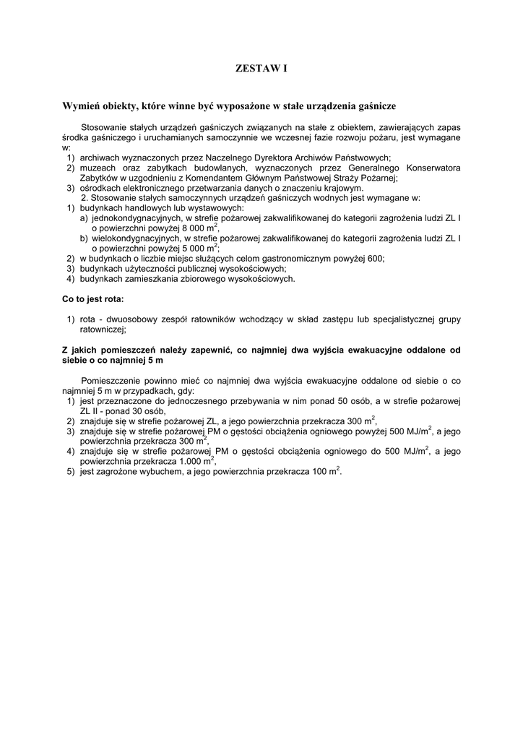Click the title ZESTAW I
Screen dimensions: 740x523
point(261,69)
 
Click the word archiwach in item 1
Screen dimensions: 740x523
point(101,158)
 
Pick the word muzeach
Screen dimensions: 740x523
point(100,168)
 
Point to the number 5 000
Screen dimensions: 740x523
point(187,247)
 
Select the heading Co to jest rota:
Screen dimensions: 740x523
point(92,298)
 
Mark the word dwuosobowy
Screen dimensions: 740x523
point(134,318)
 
